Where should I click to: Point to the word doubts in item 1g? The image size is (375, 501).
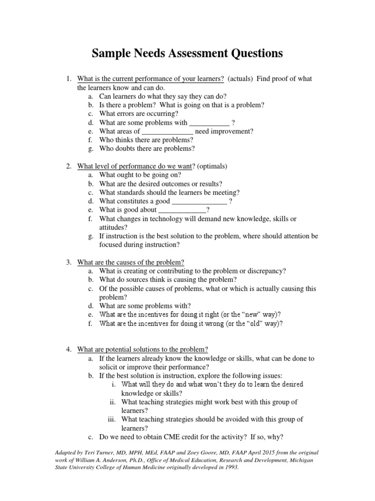pos(128,149)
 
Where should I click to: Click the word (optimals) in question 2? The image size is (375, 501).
pos(213,166)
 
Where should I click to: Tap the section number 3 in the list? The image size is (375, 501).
pos(69,262)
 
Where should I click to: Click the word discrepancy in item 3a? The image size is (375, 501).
pos(266,271)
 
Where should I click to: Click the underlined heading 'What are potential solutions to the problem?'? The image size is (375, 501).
pos(143,349)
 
